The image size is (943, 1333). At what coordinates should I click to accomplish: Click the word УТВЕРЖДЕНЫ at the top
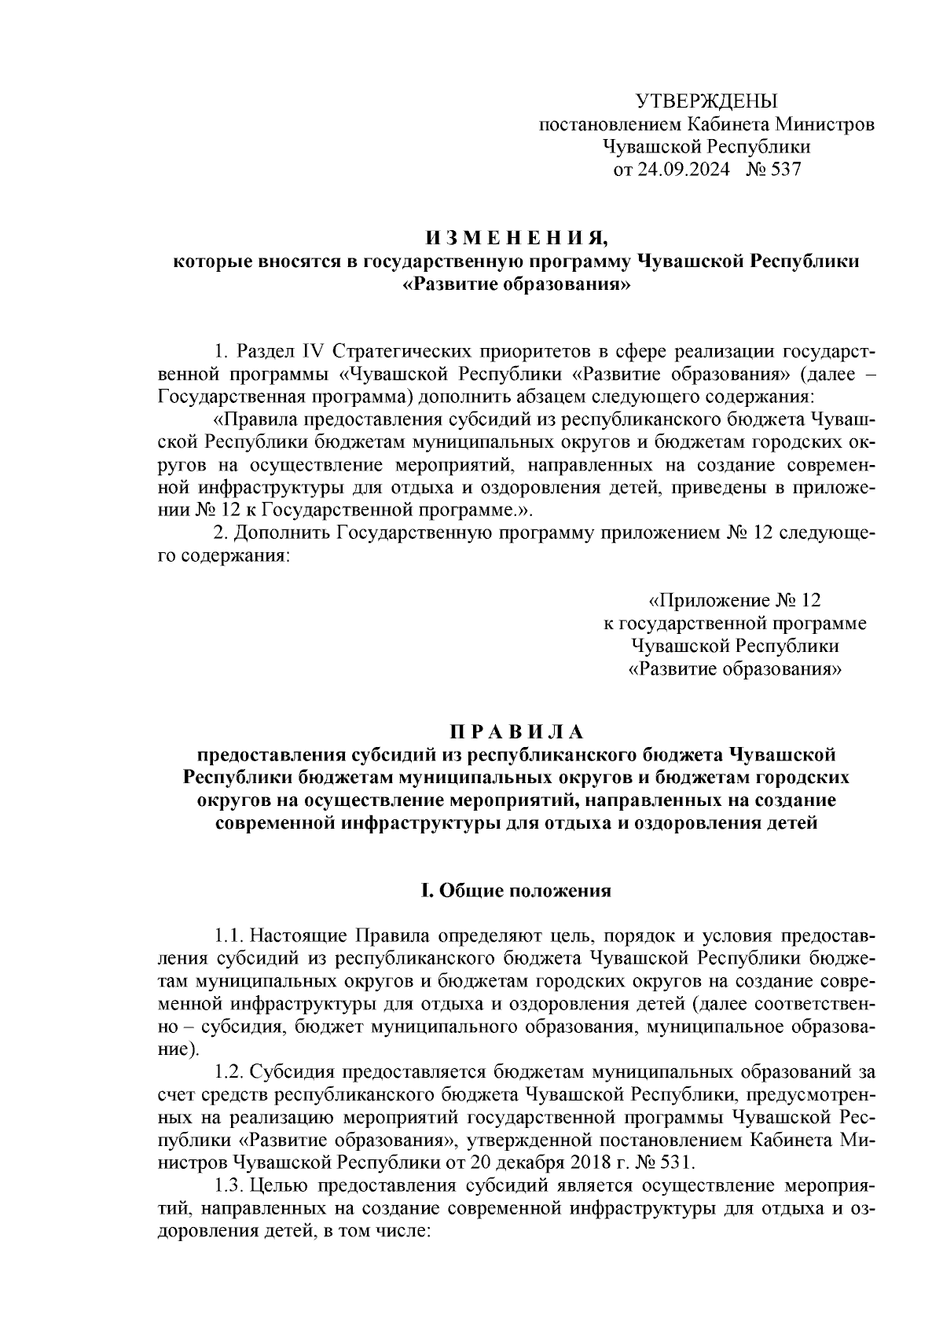tap(705, 101)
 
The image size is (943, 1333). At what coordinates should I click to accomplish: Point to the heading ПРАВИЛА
tap(516, 732)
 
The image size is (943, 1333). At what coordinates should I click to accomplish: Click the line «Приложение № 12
tap(733, 601)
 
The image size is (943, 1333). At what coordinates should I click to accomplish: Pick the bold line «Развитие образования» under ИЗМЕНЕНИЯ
tap(516, 284)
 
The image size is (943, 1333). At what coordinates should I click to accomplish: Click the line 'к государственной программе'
tap(734, 624)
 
